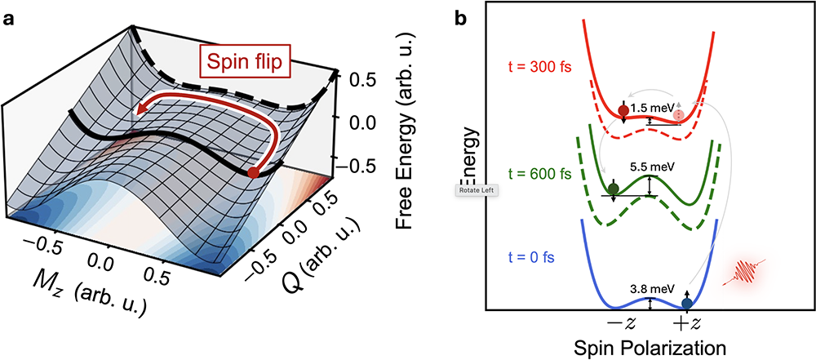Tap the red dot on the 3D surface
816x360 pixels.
[253, 173]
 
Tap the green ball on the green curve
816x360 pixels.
[614, 189]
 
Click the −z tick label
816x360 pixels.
[624, 321]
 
